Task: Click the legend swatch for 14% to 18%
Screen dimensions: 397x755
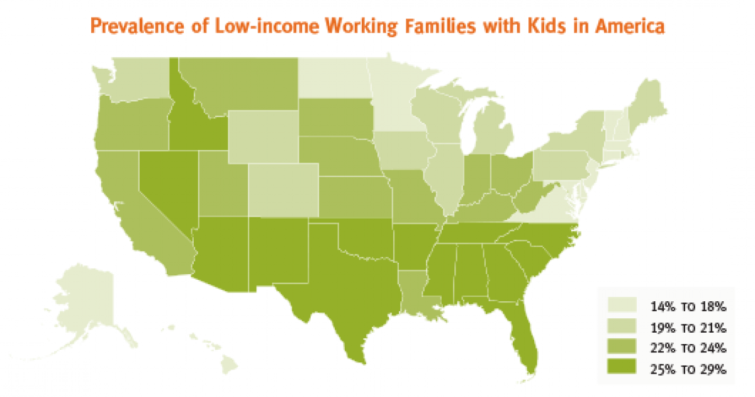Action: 622,306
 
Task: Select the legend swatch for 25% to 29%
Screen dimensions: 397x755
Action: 622,369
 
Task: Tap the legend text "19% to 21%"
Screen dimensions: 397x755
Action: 688,327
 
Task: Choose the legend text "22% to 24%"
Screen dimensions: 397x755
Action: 688,348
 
